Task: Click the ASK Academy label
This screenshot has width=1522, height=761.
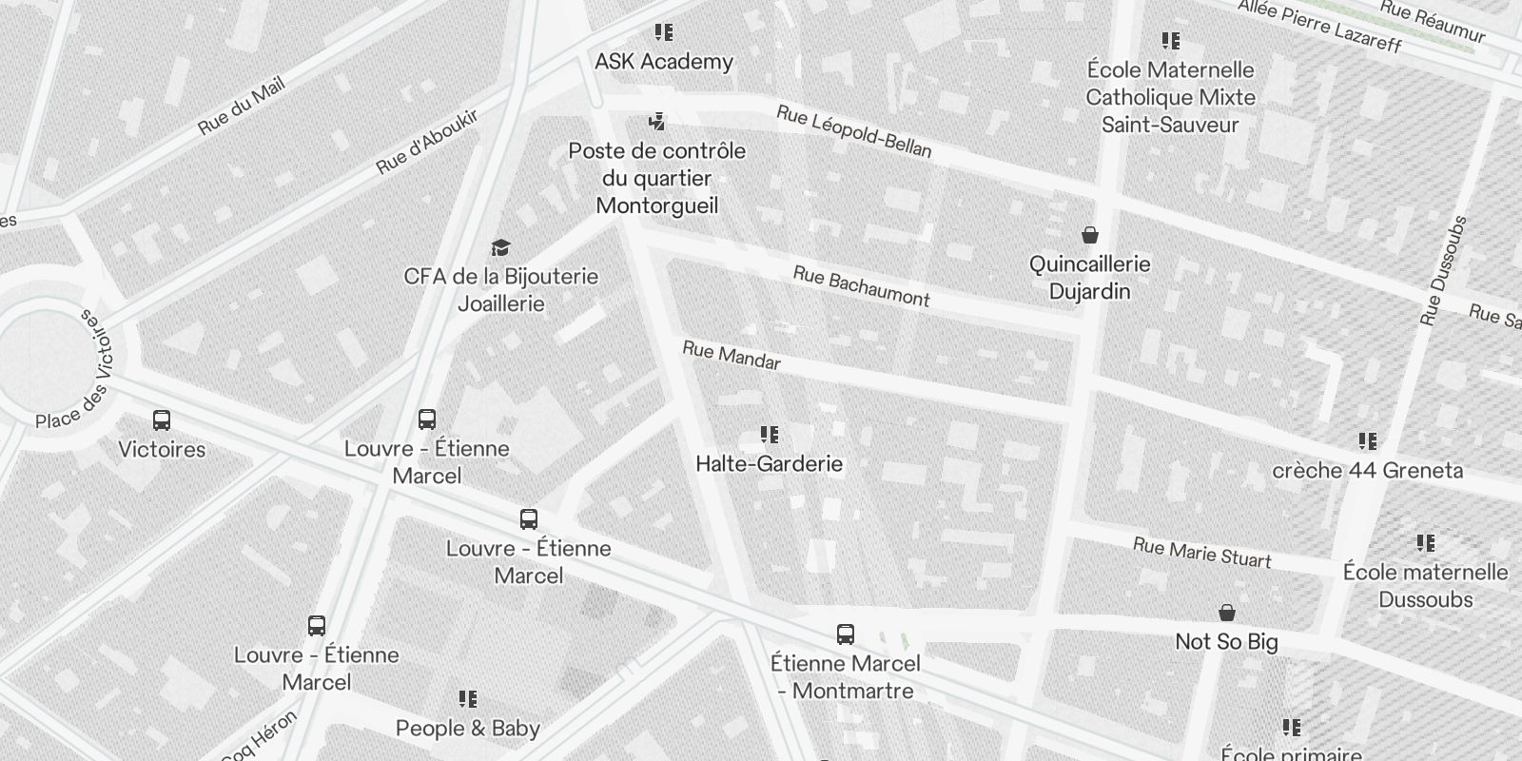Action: [664, 62]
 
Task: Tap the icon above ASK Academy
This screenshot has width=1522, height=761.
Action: [664, 33]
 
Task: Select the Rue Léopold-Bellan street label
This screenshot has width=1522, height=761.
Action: [854, 131]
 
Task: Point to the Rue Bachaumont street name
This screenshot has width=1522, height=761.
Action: [861, 286]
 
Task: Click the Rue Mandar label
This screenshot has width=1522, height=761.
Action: [732, 356]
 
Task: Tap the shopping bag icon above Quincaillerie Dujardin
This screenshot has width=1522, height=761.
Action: [1090, 234]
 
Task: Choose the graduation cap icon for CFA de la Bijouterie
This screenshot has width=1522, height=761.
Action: [500, 248]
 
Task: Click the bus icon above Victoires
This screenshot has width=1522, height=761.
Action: [162, 420]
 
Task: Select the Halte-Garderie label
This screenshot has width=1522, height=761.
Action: [770, 464]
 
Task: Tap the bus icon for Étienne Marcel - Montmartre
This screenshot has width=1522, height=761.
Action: [845, 634]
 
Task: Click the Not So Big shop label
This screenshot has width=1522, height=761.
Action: [1227, 642]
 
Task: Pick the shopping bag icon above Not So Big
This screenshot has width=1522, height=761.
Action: [1227, 613]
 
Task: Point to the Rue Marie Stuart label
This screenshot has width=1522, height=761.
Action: [1201, 553]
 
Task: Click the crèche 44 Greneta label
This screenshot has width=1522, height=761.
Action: [1368, 471]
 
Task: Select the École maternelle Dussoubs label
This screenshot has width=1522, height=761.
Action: [1425, 586]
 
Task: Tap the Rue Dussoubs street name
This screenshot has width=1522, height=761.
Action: [1443, 271]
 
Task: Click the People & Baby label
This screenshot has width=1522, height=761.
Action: [468, 729]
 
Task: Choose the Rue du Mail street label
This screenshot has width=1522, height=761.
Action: [242, 107]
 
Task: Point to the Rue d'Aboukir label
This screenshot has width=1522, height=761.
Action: [427, 142]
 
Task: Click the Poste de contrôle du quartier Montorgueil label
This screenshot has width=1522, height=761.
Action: [657, 179]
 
